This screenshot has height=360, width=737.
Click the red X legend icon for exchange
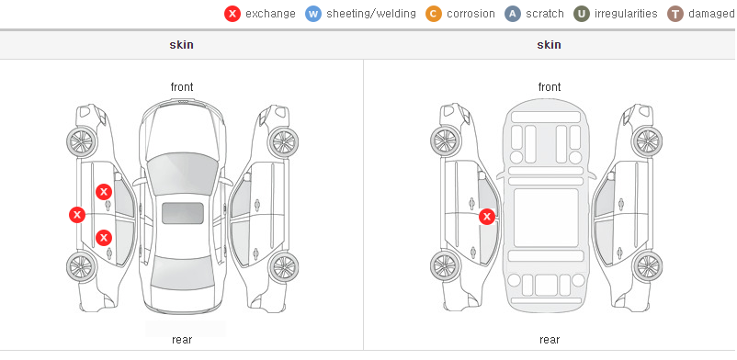point(232,14)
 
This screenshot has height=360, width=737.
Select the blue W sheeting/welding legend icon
point(313,14)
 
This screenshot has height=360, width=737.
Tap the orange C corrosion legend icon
point(434,14)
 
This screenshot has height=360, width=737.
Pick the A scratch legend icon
point(513,14)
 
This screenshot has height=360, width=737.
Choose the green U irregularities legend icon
point(582,14)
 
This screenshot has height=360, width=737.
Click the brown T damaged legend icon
point(675,14)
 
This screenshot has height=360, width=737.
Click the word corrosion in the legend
point(471,14)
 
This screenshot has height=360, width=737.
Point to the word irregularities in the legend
point(626,14)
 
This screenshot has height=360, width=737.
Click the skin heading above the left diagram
point(181,45)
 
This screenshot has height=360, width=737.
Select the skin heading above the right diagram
point(549,45)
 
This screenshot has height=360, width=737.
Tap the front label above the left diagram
point(182,87)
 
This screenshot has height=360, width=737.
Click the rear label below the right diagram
point(550,340)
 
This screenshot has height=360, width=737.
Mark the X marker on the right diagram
point(487,217)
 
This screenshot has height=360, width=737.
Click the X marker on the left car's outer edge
point(77,215)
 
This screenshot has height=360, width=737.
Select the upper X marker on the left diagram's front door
point(104,192)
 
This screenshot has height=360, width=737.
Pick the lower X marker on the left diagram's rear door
point(104,238)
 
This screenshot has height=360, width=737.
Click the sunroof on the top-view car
point(183,213)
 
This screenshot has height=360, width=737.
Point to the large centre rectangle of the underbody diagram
point(546,218)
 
